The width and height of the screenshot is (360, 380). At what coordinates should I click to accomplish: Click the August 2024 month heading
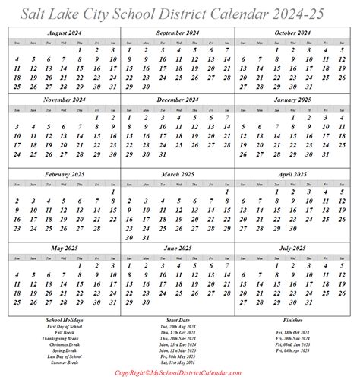[x=65, y=34]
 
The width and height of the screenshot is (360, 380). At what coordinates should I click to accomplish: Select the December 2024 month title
[x=180, y=98]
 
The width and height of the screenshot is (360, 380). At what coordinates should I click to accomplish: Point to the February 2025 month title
[x=65, y=173]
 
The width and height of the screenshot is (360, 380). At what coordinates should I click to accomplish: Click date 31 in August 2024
[x=113, y=88]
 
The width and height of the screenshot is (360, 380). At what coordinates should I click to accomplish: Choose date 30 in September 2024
[x=147, y=88]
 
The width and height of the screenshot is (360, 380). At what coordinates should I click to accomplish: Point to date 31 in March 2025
[x=147, y=238]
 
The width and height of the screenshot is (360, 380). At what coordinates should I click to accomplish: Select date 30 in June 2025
[x=147, y=313]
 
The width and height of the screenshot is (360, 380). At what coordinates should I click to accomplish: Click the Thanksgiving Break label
[x=65, y=338]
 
